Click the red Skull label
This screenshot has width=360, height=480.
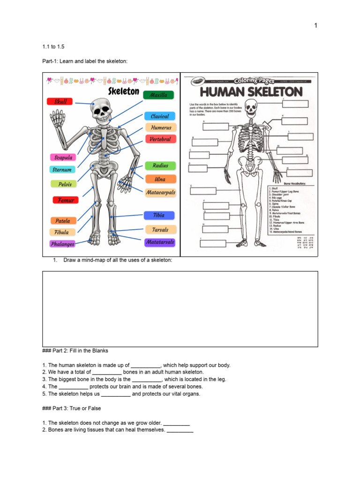tap(60, 101)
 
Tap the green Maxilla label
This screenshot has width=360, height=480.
tap(158, 95)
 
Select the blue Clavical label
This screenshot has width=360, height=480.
tap(160, 116)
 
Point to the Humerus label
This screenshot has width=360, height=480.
tap(161, 127)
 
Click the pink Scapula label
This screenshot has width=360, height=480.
tap(63, 158)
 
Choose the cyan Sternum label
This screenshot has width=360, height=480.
tap(61, 170)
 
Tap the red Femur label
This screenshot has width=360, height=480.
tap(66, 200)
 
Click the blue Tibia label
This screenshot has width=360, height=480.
tap(159, 215)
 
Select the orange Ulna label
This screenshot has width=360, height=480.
tap(160, 179)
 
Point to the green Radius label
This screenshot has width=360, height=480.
tap(160, 165)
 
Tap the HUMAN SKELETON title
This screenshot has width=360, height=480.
tap(251, 92)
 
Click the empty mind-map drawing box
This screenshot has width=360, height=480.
tap(180, 308)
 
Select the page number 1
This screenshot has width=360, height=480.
tap(316, 25)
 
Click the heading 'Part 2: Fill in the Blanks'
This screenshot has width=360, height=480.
tap(75, 351)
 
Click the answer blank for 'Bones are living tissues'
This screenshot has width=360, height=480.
tap(180, 430)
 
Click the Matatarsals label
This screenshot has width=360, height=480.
tap(160, 242)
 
